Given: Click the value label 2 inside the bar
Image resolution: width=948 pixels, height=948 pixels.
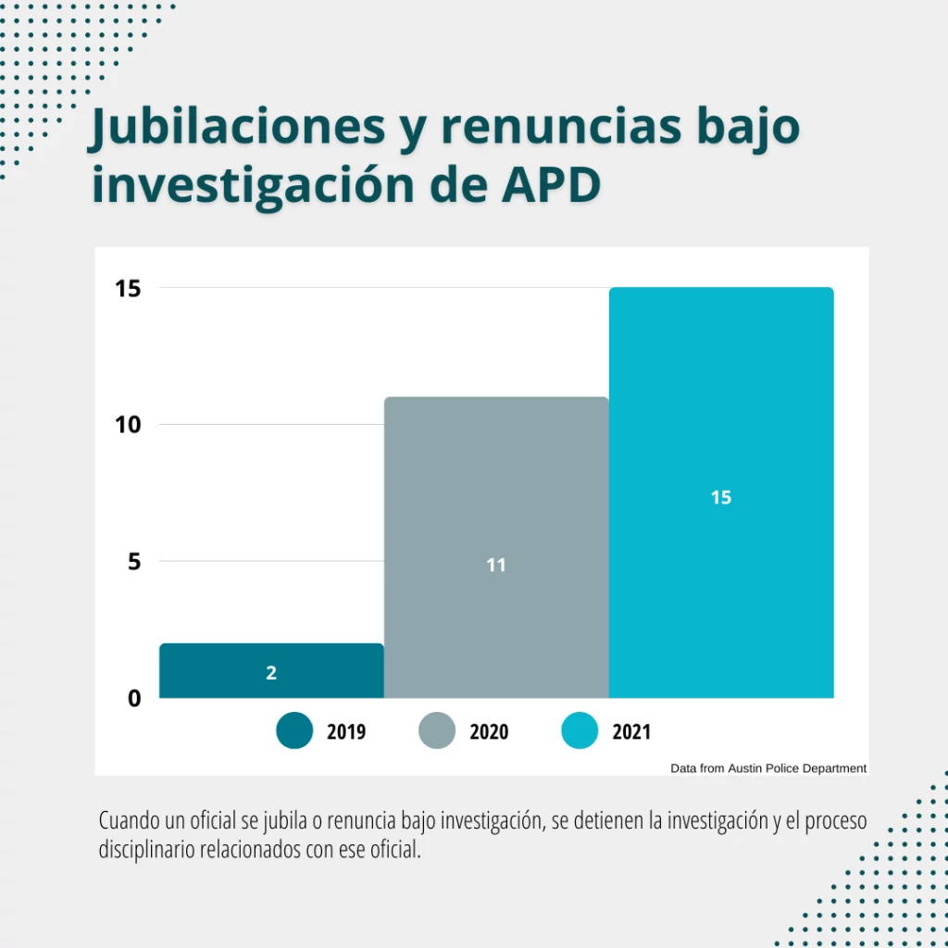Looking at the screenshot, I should (271, 673).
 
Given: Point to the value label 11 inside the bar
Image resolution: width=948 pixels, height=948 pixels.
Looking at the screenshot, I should (496, 565).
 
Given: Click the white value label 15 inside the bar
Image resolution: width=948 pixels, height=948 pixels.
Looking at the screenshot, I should (721, 497).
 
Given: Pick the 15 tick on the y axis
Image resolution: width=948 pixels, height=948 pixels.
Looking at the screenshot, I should (128, 289).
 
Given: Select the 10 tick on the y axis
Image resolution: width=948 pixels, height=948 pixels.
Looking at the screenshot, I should (128, 425).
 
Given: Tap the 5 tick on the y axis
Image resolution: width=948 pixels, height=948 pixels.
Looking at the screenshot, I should (134, 561).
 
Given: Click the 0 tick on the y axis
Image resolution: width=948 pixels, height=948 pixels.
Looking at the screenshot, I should (134, 698).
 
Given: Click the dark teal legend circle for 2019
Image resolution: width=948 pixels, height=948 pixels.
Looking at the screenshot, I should (294, 731).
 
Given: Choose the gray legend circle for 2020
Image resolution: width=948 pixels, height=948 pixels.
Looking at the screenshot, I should (437, 731).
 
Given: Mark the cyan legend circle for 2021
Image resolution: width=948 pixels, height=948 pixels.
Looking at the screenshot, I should (580, 731).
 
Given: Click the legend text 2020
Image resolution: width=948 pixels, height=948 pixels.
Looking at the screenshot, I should (489, 732).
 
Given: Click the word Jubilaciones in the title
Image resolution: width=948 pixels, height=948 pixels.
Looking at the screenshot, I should (237, 128).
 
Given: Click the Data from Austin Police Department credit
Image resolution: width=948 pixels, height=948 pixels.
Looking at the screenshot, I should (768, 768).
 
